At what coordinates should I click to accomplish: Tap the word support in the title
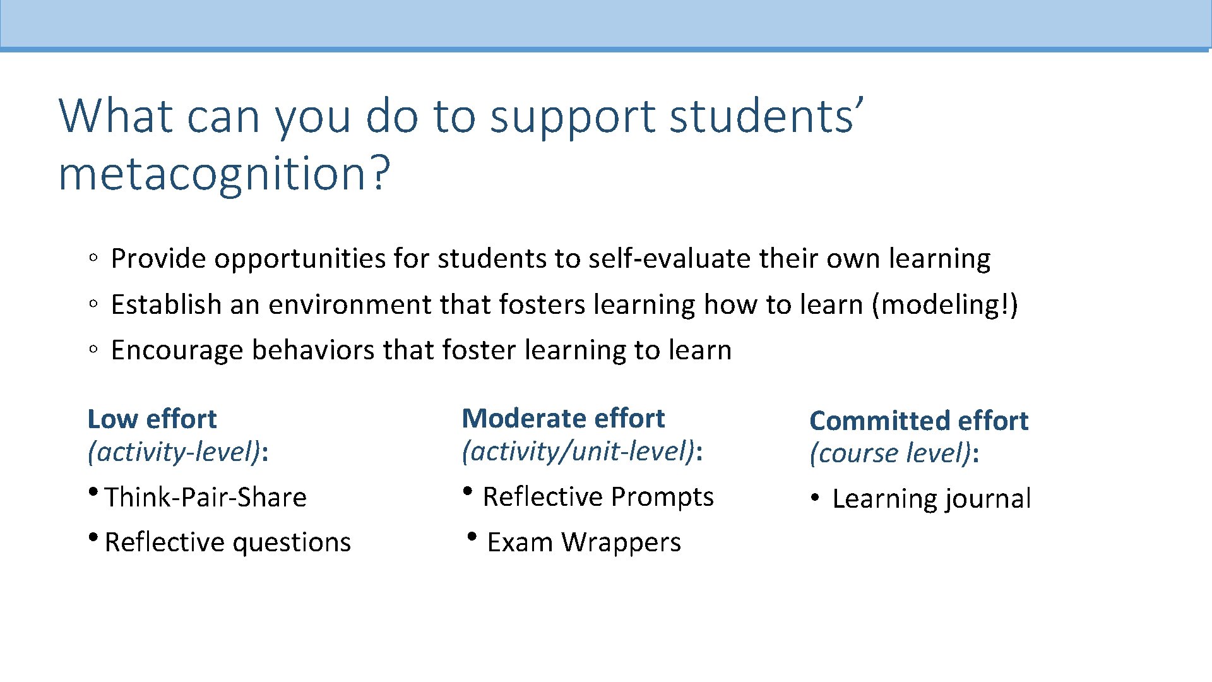pyautogui.click(x=573, y=117)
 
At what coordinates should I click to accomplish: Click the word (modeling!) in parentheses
pyautogui.click(x=944, y=305)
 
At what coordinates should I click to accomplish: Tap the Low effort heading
pyautogui.click(x=152, y=419)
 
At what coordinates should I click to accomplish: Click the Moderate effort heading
pyautogui.click(x=563, y=419)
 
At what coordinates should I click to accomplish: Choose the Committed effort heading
pyautogui.click(x=918, y=421)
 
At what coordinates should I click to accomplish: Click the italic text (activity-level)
pyautogui.click(x=174, y=452)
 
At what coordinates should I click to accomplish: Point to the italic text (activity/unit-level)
pyautogui.click(x=578, y=452)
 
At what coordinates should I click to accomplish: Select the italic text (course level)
pyautogui.click(x=890, y=453)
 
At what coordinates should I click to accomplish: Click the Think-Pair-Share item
pyautogui.click(x=205, y=498)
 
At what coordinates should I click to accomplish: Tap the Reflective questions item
pyautogui.click(x=227, y=542)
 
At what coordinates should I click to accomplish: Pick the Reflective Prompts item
pyautogui.click(x=598, y=497)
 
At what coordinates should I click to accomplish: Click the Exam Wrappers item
pyautogui.click(x=584, y=542)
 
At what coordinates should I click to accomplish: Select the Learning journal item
pyautogui.click(x=931, y=499)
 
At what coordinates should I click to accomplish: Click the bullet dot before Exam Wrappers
pyautogui.click(x=471, y=537)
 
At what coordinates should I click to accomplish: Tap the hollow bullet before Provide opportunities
pyautogui.click(x=93, y=258)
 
